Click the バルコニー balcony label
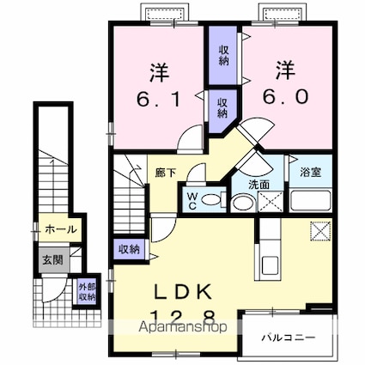[x=294, y=338]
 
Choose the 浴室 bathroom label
[x=310, y=172]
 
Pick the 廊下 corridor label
[x=167, y=173]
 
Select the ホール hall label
[x=60, y=229]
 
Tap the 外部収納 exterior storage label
[x=87, y=291]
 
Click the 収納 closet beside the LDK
[x=130, y=248]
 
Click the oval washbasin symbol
[x=243, y=203]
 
